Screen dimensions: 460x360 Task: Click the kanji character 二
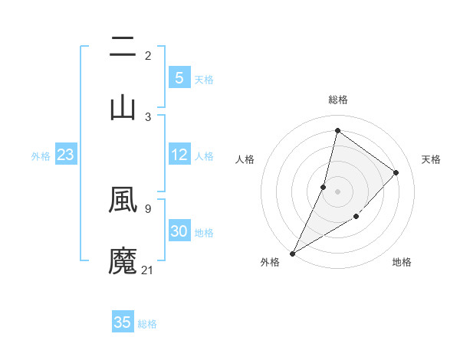pos(123,47)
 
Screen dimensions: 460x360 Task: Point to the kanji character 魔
pos(123,260)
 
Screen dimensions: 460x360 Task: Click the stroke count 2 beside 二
pos(148,56)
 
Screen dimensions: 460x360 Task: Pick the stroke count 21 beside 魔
pos(148,270)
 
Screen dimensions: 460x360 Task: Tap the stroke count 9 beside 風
pos(148,208)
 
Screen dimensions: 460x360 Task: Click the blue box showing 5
pos(179,77)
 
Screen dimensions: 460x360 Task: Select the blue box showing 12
pos(179,155)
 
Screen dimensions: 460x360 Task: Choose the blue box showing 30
pos(179,231)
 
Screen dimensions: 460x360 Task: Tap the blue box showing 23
pos(66,155)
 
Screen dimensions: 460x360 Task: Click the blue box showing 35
pos(123,322)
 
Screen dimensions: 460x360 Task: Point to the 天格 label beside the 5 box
pos(204,79)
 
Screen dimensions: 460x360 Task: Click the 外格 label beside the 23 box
pos(41,156)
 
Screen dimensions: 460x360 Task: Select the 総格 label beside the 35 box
pos(147,324)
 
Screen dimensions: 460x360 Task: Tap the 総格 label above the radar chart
pos(337,100)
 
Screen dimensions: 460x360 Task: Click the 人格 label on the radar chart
pos(245,159)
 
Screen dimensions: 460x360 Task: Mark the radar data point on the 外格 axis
pos(292,253)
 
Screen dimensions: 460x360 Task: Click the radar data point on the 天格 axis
pos(396,172)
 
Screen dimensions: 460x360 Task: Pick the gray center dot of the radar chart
pos(337,191)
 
